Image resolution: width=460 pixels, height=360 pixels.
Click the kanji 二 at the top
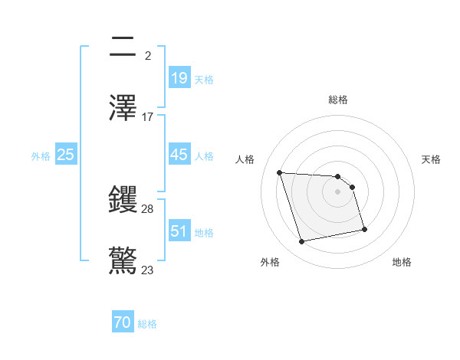point(123,47)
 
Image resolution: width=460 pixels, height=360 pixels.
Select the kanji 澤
point(123,107)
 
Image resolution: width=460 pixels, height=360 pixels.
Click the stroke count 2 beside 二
point(147,56)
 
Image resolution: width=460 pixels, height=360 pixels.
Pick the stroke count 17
point(148,117)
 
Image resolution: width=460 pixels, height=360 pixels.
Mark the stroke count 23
point(148,270)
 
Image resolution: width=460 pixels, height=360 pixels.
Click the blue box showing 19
point(179,78)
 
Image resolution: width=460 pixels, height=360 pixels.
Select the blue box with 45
point(179,155)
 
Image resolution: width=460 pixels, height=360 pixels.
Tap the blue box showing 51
point(179,231)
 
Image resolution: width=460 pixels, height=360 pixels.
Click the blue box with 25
point(66,155)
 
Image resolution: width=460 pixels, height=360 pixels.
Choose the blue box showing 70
point(123,323)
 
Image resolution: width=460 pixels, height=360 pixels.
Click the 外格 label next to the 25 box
point(41,155)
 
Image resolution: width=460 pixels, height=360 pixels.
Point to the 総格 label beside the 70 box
point(147,324)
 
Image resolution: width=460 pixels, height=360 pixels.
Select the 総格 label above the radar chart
point(338,100)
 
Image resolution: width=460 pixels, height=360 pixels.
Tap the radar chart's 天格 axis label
point(432,159)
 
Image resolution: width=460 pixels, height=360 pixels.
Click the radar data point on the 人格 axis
point(280,172)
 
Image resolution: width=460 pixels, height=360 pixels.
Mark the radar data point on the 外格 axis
point(302,242)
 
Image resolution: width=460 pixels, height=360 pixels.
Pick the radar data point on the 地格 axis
point(364,229)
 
